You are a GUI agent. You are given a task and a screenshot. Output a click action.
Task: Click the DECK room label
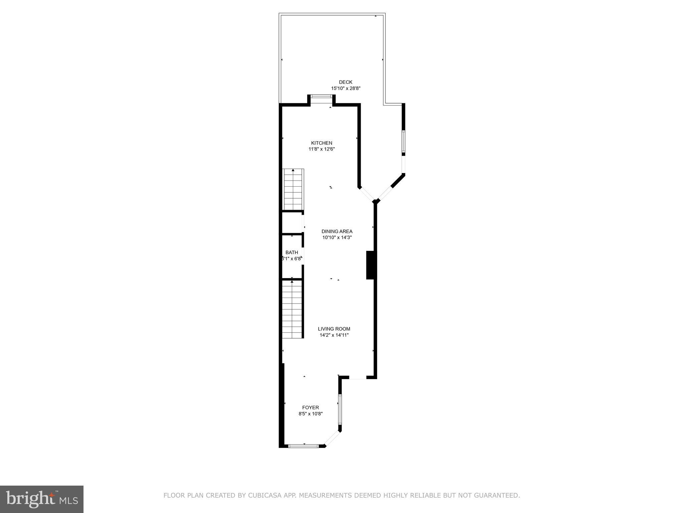point(345,82)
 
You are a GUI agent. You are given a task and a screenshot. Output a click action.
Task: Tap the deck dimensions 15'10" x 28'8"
point(345,89)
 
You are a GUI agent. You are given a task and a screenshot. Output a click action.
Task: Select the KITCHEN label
point(321,143)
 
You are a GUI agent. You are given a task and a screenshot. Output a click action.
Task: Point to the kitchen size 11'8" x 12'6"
point(321,149)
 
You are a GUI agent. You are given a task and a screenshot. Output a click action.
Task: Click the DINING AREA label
point(337,231)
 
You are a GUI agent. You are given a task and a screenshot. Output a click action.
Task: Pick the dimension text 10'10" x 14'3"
point(337,237)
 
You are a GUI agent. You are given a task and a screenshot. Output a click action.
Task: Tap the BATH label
point(292,252)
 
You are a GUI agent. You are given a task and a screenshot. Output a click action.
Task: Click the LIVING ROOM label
point(334,329)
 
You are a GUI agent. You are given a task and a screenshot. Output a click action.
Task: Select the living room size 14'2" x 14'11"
point(334,335)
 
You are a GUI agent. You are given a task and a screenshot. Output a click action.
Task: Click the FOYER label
point(310,407)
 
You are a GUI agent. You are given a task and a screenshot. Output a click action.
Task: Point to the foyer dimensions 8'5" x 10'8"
point(310,414)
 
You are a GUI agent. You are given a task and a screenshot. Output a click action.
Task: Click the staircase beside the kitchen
point(293,189)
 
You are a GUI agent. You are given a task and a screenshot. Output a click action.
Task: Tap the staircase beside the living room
point(292,309)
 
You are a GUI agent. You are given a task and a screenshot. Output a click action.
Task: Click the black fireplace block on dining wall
point(370,265)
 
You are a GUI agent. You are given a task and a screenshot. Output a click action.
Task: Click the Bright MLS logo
point(42,499)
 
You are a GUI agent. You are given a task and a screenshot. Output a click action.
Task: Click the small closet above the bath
point(292,223)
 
